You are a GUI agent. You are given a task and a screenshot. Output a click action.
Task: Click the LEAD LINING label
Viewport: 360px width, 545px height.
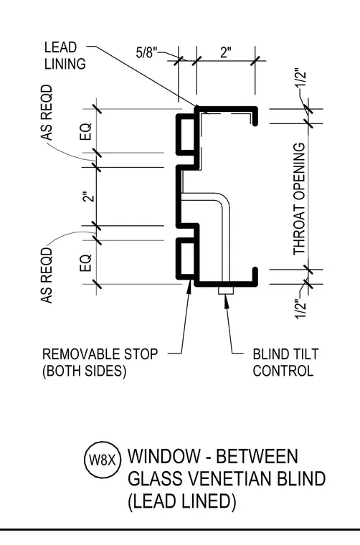(65, 56)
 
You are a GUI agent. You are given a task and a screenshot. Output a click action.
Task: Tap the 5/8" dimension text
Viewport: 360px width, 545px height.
(146, 53)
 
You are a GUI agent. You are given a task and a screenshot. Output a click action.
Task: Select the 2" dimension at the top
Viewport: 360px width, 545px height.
(225, 52)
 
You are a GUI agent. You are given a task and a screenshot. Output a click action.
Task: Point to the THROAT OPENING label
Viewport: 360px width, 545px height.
(299, 199)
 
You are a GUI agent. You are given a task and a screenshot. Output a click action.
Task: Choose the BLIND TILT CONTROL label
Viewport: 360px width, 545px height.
(285, 363)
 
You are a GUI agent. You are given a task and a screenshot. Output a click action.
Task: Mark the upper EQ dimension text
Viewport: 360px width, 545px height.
(85, 131)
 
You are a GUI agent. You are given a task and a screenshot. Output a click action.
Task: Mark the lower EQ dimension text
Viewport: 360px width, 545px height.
(85, 263)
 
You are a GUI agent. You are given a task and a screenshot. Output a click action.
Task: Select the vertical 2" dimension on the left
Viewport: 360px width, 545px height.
(90, 196)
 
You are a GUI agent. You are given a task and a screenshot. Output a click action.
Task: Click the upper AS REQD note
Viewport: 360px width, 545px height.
(47, 113)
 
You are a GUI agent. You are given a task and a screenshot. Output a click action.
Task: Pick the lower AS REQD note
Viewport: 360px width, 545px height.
(47, 275)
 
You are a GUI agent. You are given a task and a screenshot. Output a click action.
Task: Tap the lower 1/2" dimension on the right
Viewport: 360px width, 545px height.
(300, 309)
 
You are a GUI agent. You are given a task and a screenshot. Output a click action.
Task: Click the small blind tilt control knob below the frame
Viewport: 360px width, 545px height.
(226, 290)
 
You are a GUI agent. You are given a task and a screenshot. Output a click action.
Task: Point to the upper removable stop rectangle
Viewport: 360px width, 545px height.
(188, 135)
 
